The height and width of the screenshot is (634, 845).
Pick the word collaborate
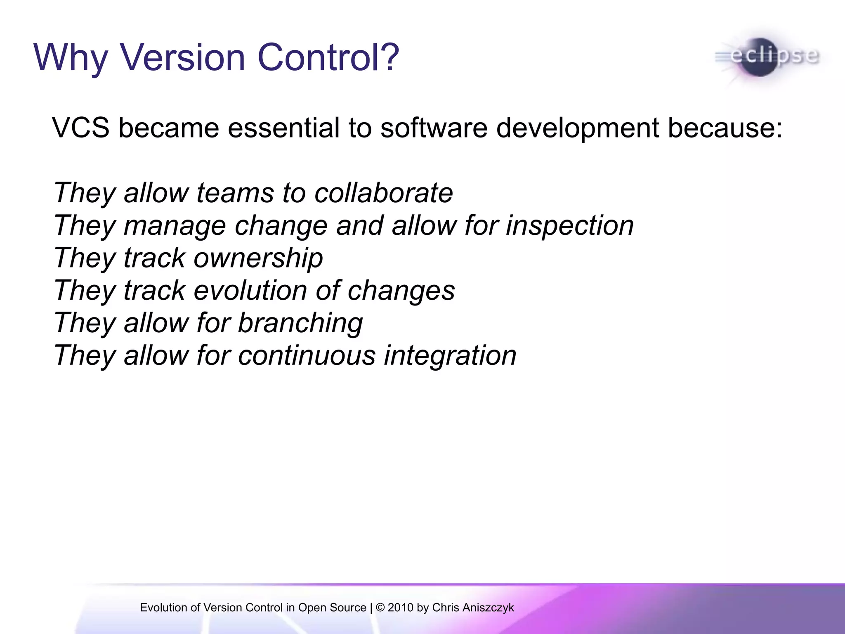tap(383, 193)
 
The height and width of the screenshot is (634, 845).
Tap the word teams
tap(235, 193)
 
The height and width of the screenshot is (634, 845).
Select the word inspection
tap(570, 226)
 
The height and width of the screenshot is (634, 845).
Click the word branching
tap(300, 323)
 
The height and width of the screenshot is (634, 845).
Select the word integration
tap(450, 356)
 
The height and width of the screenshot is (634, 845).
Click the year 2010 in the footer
tap(401, 608)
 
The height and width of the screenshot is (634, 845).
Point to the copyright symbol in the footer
tap(380, 608)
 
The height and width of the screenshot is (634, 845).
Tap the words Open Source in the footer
tap(332, 608)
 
